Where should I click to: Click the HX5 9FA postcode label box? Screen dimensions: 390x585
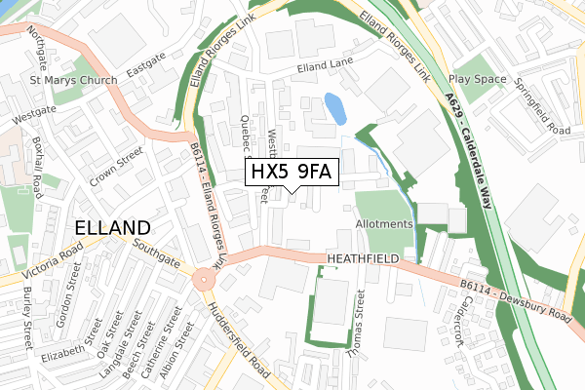click(x=292, y=173)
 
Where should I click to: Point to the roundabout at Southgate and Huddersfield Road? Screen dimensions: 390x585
click(x=204, y=280)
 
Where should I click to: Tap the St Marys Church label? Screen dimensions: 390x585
click(x=73, y=80)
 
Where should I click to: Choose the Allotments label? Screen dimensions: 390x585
click(x=384, y=224)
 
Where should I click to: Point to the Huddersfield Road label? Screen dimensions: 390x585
click(x=238, y=341)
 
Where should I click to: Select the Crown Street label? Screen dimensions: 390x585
click(x=116, y=168)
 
